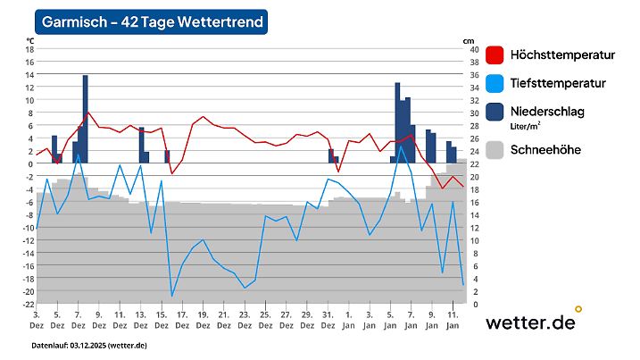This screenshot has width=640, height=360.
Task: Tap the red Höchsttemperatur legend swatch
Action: click(x=495, y=55)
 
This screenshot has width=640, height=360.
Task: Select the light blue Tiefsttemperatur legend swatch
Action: click(x=495, y=83)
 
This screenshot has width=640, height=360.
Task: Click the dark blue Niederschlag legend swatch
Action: click(x=495, y=112)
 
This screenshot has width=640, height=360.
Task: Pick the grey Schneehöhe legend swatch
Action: click(x=495, y=149)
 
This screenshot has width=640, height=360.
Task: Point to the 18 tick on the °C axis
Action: click(x=29, y=50)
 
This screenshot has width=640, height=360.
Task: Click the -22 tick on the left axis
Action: click(x=27, y=305)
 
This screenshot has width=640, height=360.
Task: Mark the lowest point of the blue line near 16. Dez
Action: click(x=172, y=296)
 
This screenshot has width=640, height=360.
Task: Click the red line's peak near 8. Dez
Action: click(x=87, y=113)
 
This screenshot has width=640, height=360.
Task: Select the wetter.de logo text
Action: click(x=530, y=322)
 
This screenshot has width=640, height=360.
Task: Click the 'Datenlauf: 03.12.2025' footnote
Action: click(x=89, y=346)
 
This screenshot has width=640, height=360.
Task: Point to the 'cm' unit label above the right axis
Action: click(x=469, y=41)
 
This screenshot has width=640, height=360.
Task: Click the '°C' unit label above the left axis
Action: click(x=30, y=41)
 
